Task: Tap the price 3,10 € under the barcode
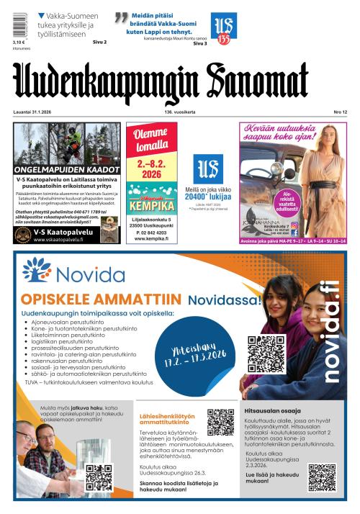pyautogui.click(x=19, y=42)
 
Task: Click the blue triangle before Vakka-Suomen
pyautogui.click(x=41, y=15)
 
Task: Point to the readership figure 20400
pyautogui.click(x=199, y=195)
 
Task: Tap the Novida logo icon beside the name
pyautogui.click(x=36, y=270)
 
